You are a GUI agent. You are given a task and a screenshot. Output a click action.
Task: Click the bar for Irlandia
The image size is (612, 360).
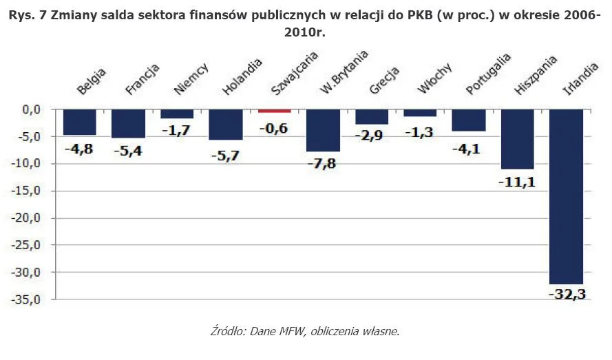tap(567, 196)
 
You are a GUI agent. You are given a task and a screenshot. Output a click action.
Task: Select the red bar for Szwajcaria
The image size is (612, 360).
tap(275, 111)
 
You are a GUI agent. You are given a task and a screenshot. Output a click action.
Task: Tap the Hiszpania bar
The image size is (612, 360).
tap(518, 139)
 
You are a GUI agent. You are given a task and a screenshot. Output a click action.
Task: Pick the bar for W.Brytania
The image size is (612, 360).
tap(323, 130)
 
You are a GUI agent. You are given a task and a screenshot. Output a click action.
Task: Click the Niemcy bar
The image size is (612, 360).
tap(177, 114)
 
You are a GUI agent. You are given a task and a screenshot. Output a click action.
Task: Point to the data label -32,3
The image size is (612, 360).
tap(566, 294)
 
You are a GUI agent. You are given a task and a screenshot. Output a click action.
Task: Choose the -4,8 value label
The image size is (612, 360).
tap(80, 147)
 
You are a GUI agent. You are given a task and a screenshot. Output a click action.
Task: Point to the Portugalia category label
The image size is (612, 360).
tap(487, 74)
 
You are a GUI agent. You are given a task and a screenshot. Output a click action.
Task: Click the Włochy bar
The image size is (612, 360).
tap(420, 113)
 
